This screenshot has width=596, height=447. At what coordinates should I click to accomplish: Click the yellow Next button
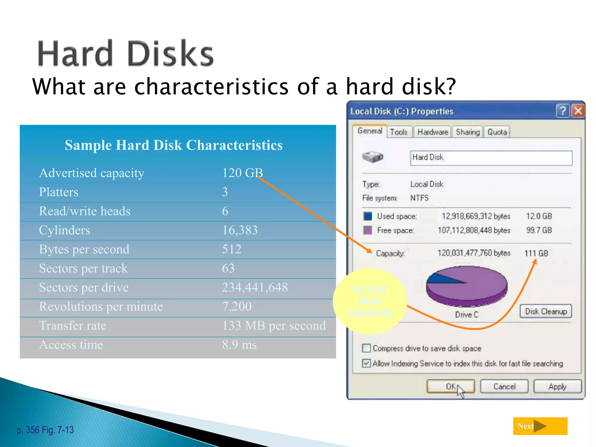[540, 426]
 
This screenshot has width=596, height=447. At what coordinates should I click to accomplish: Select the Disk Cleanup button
[546, 311]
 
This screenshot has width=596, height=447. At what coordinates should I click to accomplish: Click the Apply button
[557, 386]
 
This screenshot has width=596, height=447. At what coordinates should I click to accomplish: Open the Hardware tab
[432, 132]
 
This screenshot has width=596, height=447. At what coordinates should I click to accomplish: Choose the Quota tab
[497, 132]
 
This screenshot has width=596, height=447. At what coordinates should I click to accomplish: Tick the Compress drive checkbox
[366, 348]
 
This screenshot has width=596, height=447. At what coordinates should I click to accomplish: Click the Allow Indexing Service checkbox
[366, 363]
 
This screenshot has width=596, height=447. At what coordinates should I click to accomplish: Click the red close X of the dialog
[578, 111]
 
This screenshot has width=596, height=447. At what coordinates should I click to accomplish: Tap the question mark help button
[563, 111]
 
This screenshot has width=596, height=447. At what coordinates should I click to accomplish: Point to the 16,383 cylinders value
[240, 230]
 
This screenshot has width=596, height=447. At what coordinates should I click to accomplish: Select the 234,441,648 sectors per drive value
[255, 287]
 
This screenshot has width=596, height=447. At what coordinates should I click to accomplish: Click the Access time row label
[71, 345]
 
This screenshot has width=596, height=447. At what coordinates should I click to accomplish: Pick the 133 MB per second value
[274, 325]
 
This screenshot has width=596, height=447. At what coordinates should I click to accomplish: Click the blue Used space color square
[368, 216]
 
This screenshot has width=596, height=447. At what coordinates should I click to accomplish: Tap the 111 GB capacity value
[536, 253]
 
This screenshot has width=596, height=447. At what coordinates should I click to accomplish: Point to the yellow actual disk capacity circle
[370, 301]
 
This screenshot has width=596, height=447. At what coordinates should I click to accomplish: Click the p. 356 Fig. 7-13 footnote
[45, 430]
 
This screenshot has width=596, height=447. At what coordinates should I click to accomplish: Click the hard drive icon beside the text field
[372, 157]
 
